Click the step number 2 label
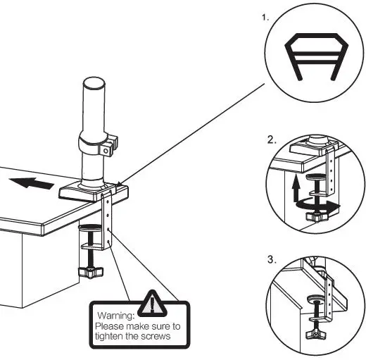coord(272,139)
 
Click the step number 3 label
coord(272,259)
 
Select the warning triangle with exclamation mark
coord(151,302)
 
